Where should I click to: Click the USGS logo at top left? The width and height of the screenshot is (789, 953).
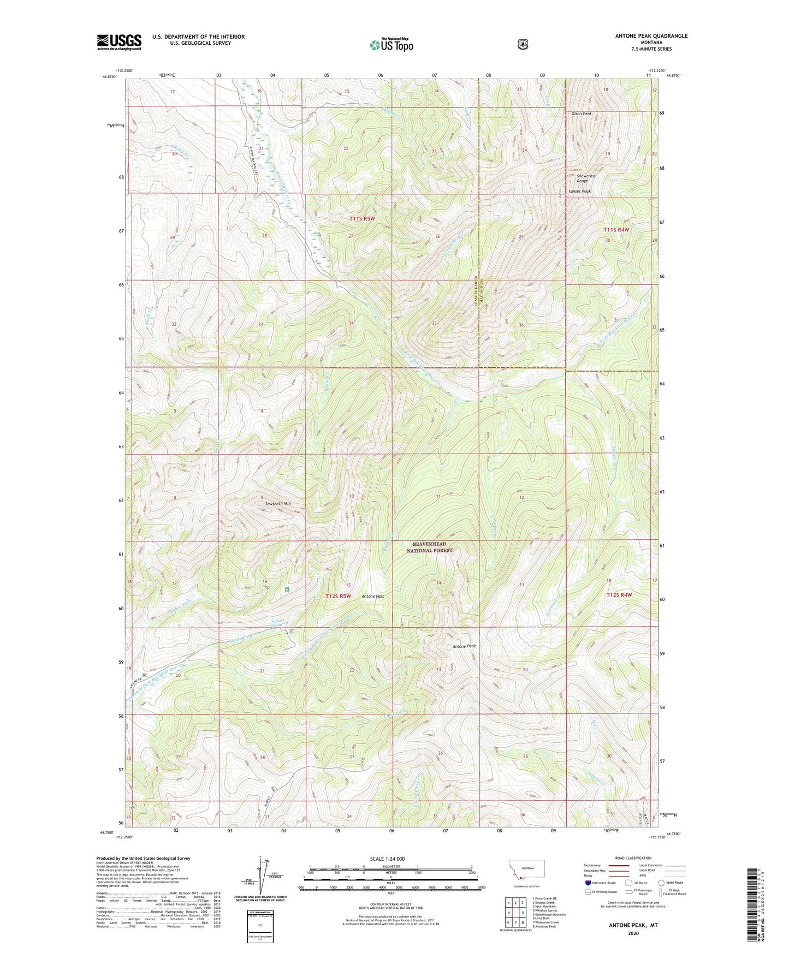tap(119, 42)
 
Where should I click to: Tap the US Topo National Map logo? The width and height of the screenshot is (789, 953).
tap(391, 44)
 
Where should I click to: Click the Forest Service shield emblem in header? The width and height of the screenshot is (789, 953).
tap(523, 44)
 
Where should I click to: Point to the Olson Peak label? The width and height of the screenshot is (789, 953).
tap(582, 114)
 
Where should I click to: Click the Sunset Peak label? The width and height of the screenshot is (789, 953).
tap(579, 192)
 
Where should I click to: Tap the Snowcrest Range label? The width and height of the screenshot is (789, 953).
tap(586, 178)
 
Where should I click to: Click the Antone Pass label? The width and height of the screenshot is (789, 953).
tap(373, 597)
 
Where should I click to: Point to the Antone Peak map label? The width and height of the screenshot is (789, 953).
tap(464, 646)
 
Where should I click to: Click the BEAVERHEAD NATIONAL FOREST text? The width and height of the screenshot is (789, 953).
tap(429, 547)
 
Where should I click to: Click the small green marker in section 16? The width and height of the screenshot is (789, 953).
tap(287, 589)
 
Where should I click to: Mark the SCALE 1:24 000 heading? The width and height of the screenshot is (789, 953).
tap(387, 859)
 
